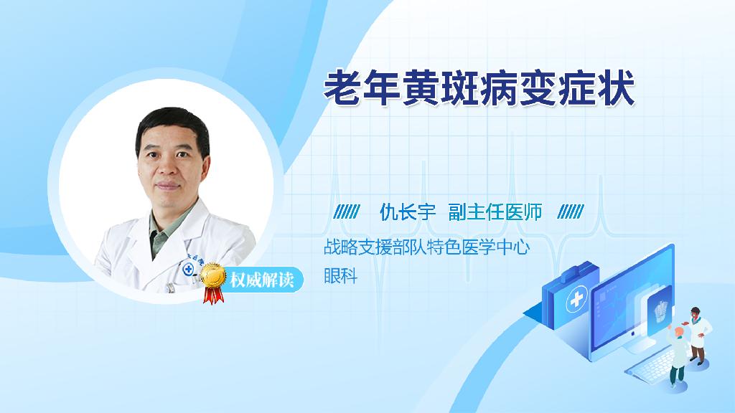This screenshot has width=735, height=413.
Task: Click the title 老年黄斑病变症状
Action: click(x=479, y=88)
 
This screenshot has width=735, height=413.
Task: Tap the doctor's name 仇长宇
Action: click(x=408, y=212)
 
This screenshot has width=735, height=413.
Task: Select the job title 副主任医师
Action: click(x=495, y=212)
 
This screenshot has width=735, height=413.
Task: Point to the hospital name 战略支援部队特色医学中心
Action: click(x=426, y=247)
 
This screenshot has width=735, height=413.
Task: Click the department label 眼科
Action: click(x=340, y=275)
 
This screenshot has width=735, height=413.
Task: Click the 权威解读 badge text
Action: click(x=262, y=280)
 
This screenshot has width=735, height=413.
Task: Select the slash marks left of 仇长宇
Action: click(x=347, y=212)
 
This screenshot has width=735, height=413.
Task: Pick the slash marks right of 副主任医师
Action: click(x=571, y=212)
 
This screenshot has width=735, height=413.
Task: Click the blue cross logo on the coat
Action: click(x=188, y=270)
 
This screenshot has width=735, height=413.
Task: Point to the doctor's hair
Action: click(x=172, y=126)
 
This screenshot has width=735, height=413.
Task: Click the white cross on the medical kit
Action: click(x=576, y=299)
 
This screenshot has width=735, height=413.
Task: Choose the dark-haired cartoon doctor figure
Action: click(x=698, y=336)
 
